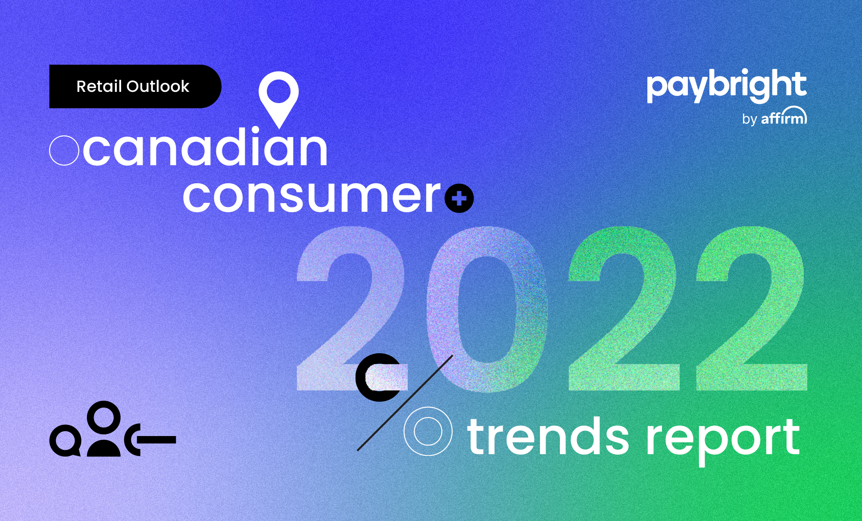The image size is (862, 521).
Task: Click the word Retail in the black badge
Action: (99, 86)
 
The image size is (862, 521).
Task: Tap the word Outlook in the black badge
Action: (158, 86)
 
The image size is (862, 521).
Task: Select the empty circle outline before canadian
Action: (64, 151)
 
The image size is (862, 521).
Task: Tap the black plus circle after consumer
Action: (459, 198)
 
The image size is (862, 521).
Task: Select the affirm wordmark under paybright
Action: (784, 116)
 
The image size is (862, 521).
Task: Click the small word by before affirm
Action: (750, 119)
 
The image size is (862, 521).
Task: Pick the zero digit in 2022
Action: (487, 309)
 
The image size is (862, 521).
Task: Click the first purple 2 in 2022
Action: (352, 309)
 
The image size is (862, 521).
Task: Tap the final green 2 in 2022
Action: (752, 309)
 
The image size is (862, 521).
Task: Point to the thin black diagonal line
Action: (405, 403)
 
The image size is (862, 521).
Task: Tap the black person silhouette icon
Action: (104, 429)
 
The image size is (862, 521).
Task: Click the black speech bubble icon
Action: (65, 441)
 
